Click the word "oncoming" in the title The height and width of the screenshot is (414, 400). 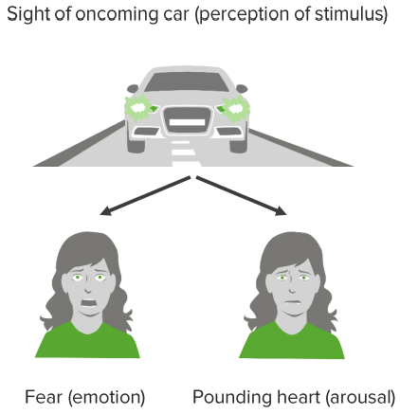126,14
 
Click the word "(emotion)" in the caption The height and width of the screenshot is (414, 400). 106,397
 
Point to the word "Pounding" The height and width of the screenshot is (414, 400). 231,397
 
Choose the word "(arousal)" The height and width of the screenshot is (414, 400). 360,397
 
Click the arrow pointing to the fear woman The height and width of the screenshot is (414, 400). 145,196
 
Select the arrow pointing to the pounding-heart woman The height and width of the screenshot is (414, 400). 242,196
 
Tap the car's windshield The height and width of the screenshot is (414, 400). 187,81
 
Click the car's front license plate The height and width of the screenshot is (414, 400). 187,122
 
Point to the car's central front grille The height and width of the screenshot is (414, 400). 187,120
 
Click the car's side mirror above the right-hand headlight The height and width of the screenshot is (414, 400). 242,88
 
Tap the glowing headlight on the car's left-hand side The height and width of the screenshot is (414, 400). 138,108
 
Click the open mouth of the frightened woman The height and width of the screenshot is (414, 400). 89,303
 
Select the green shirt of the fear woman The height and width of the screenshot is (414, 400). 87,340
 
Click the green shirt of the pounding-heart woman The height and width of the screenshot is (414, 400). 291,340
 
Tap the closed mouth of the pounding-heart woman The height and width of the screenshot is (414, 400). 292,302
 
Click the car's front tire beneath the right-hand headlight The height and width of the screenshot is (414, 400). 239,145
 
